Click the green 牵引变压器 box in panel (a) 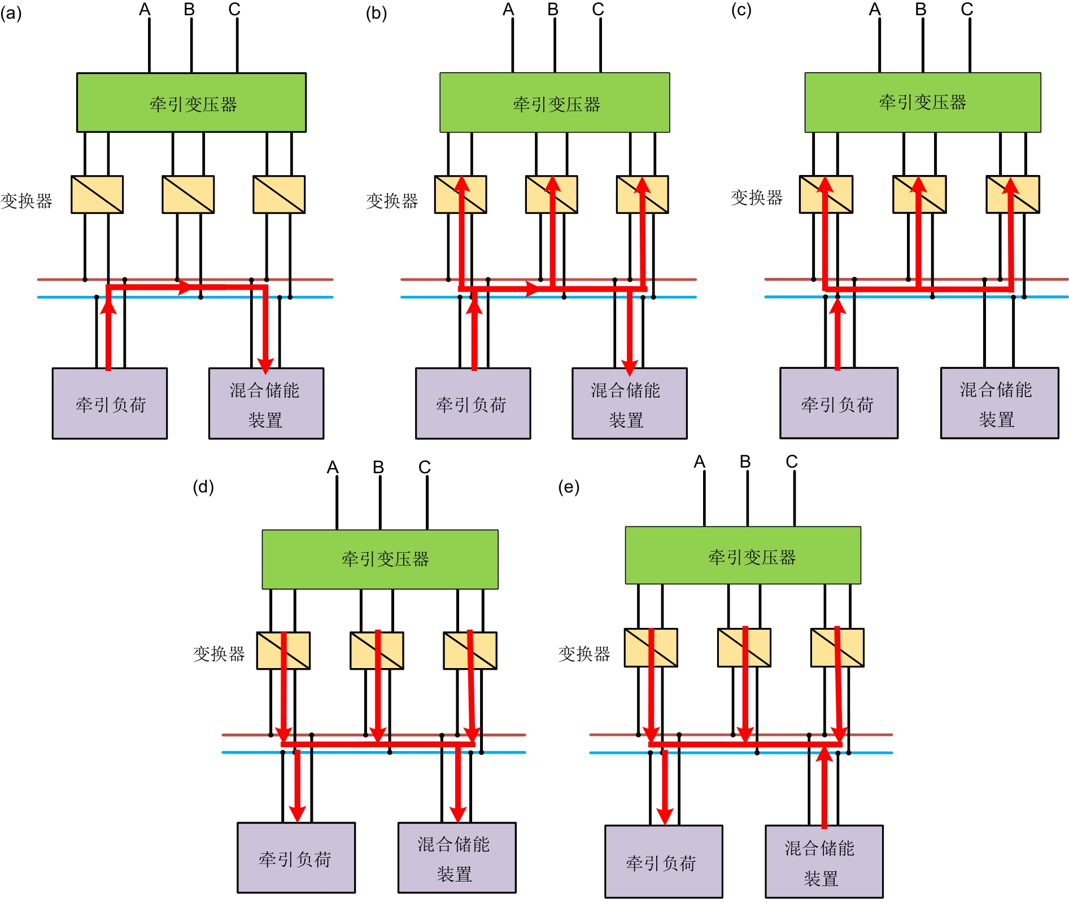pos(191,103)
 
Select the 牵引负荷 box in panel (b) pos(473,403)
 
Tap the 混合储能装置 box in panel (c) pos(999,403)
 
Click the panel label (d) pos(203,487)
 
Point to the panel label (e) pos(569,487)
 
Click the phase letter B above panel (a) pos(189,10)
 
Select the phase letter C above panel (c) pos(967,10)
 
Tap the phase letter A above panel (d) pos(333,468)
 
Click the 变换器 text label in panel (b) pos(392,200)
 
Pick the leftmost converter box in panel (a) pos(97,194)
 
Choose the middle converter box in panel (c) pos(919,194)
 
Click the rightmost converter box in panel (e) pos(837,648)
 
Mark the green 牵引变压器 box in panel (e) pos(743,556)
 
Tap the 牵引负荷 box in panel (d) pos(296,858)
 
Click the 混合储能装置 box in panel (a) pos(266,403)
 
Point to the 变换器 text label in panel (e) pos(584,654)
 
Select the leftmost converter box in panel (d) pos(283,651)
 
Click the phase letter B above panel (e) pos(745,462)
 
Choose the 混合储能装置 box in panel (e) pos(824,861)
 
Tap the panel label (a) pos(11,13)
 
